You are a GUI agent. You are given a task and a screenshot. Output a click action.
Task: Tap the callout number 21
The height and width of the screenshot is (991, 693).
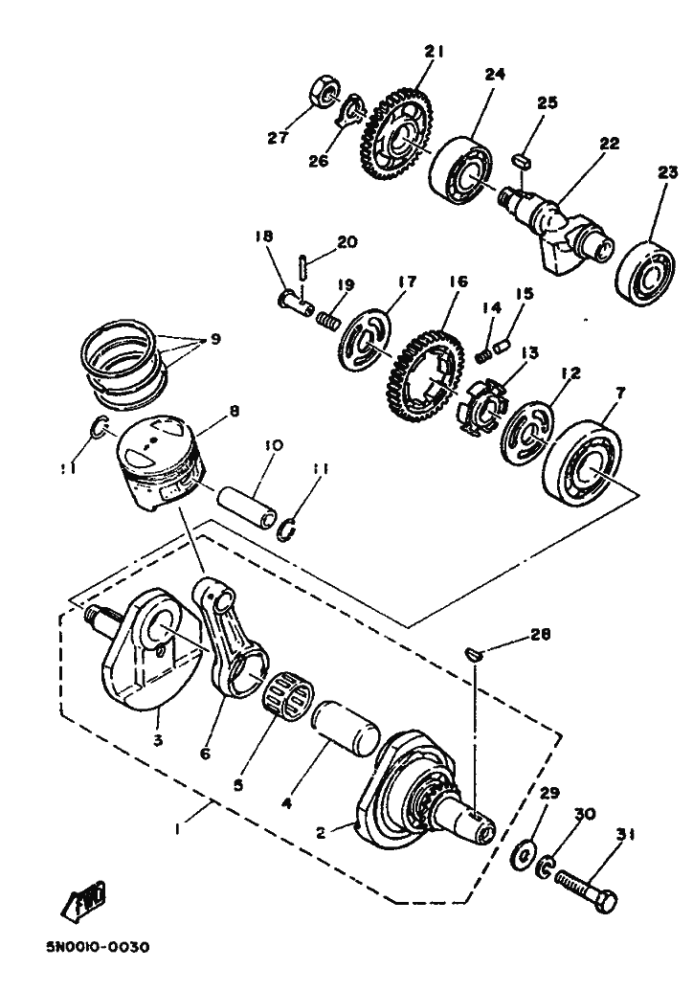tap(434, 52)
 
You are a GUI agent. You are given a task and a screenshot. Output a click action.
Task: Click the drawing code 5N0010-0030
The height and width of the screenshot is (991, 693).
tap(98, 947)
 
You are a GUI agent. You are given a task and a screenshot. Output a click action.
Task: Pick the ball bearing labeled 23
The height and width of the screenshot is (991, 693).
tap(646, 272)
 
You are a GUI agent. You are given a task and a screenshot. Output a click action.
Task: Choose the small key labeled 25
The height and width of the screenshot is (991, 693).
tap(523, 161)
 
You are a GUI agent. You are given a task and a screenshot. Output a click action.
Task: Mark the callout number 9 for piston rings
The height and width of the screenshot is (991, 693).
tap(215, 339)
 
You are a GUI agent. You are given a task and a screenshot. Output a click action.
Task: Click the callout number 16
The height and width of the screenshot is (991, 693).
tap(458, 281)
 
